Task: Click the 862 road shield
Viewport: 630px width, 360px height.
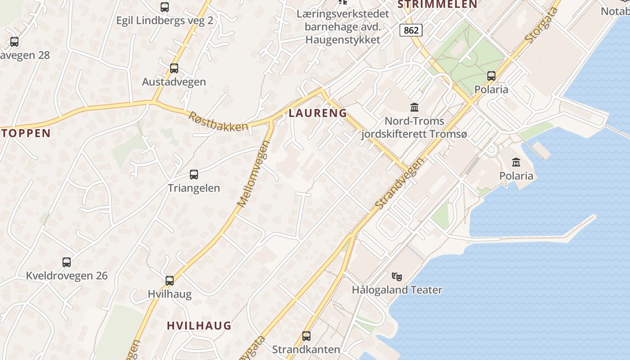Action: [x=411, y=30]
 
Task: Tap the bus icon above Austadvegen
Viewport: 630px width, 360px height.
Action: [x=174, y=68]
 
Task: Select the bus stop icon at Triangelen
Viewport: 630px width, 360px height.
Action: [x=194, y=175]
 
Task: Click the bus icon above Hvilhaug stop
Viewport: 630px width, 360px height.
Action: [x=170, y=281]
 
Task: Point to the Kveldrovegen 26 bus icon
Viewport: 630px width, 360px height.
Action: [x=67, y=262]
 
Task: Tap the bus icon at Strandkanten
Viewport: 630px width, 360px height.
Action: [x=306, y=336]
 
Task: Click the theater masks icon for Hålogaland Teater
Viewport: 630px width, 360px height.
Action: [x=396, y=276]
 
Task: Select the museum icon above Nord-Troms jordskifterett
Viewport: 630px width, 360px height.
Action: [x=414, y=107]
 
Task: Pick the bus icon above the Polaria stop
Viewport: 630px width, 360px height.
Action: [x=491, y=76]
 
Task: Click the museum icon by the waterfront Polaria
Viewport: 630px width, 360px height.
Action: [x=516, y=162]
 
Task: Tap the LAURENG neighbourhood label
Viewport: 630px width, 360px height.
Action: [x=318, y=113]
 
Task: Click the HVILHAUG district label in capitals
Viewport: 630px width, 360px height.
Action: [x=199, y=325]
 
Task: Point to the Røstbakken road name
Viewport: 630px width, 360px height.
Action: [x=218, y=121]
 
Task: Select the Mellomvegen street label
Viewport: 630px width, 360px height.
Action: [x=253, y=174]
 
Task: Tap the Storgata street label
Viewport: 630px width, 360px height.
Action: [x=541, y=25]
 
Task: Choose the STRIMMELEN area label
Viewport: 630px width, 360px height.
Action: [x=437, y=4]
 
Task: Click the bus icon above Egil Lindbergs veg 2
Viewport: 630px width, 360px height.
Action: [x=165, y=7]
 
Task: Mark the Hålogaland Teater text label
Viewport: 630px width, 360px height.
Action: [x=397, y=290]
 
